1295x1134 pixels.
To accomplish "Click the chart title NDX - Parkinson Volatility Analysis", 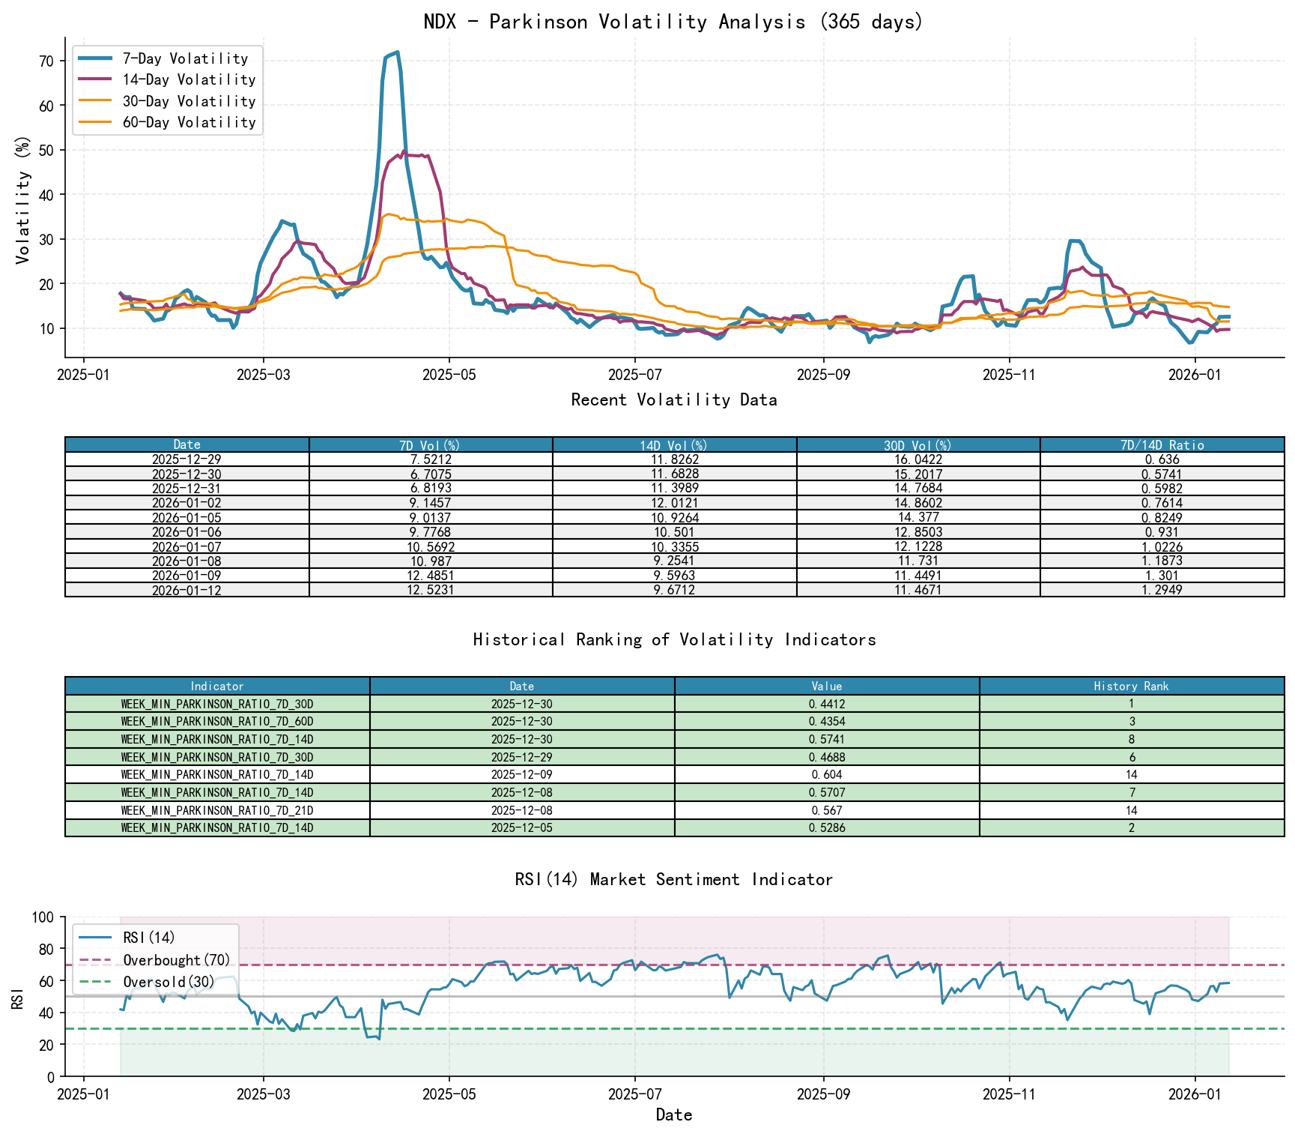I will (673, 21).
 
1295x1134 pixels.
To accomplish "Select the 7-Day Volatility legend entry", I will (184, 58).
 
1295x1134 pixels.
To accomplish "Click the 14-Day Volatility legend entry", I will (188, 79).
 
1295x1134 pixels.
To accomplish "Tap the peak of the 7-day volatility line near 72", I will (397, 52).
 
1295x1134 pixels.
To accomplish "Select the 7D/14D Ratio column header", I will (1162, 445).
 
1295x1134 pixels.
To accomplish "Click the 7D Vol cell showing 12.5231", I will (431, 590).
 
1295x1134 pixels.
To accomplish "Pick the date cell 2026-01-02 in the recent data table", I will (186, 503).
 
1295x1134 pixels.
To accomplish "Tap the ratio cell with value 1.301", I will (1162, 576).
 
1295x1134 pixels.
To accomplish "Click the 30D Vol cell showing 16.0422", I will (918, 459).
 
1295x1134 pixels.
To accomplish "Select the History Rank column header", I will (1131, 686).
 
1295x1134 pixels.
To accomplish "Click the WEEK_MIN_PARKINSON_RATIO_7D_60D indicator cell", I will (217, 722).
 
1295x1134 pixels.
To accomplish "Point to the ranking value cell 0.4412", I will (826, 704).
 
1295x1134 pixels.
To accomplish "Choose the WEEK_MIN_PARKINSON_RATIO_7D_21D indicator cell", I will (217, 810).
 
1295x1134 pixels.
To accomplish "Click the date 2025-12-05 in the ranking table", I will (521, 828).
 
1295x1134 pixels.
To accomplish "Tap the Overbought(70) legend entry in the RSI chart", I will (176, 960).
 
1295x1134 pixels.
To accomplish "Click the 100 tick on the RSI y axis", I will (43, 917).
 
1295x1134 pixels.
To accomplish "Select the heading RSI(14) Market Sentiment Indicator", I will (673, 879).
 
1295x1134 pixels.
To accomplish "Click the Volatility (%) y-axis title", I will (22, 200).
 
